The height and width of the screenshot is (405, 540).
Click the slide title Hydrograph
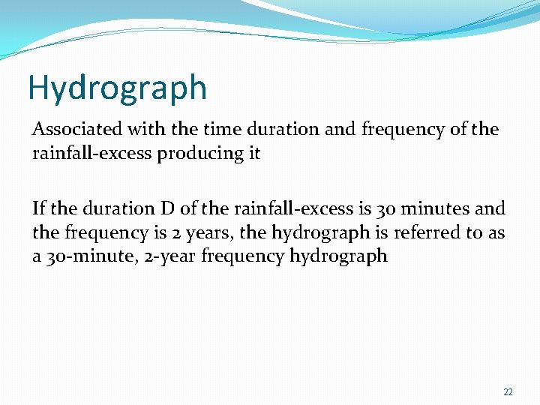pos(117,88)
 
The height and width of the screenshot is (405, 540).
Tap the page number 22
pos(508,392)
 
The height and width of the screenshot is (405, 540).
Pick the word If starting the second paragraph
pos(39,208)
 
